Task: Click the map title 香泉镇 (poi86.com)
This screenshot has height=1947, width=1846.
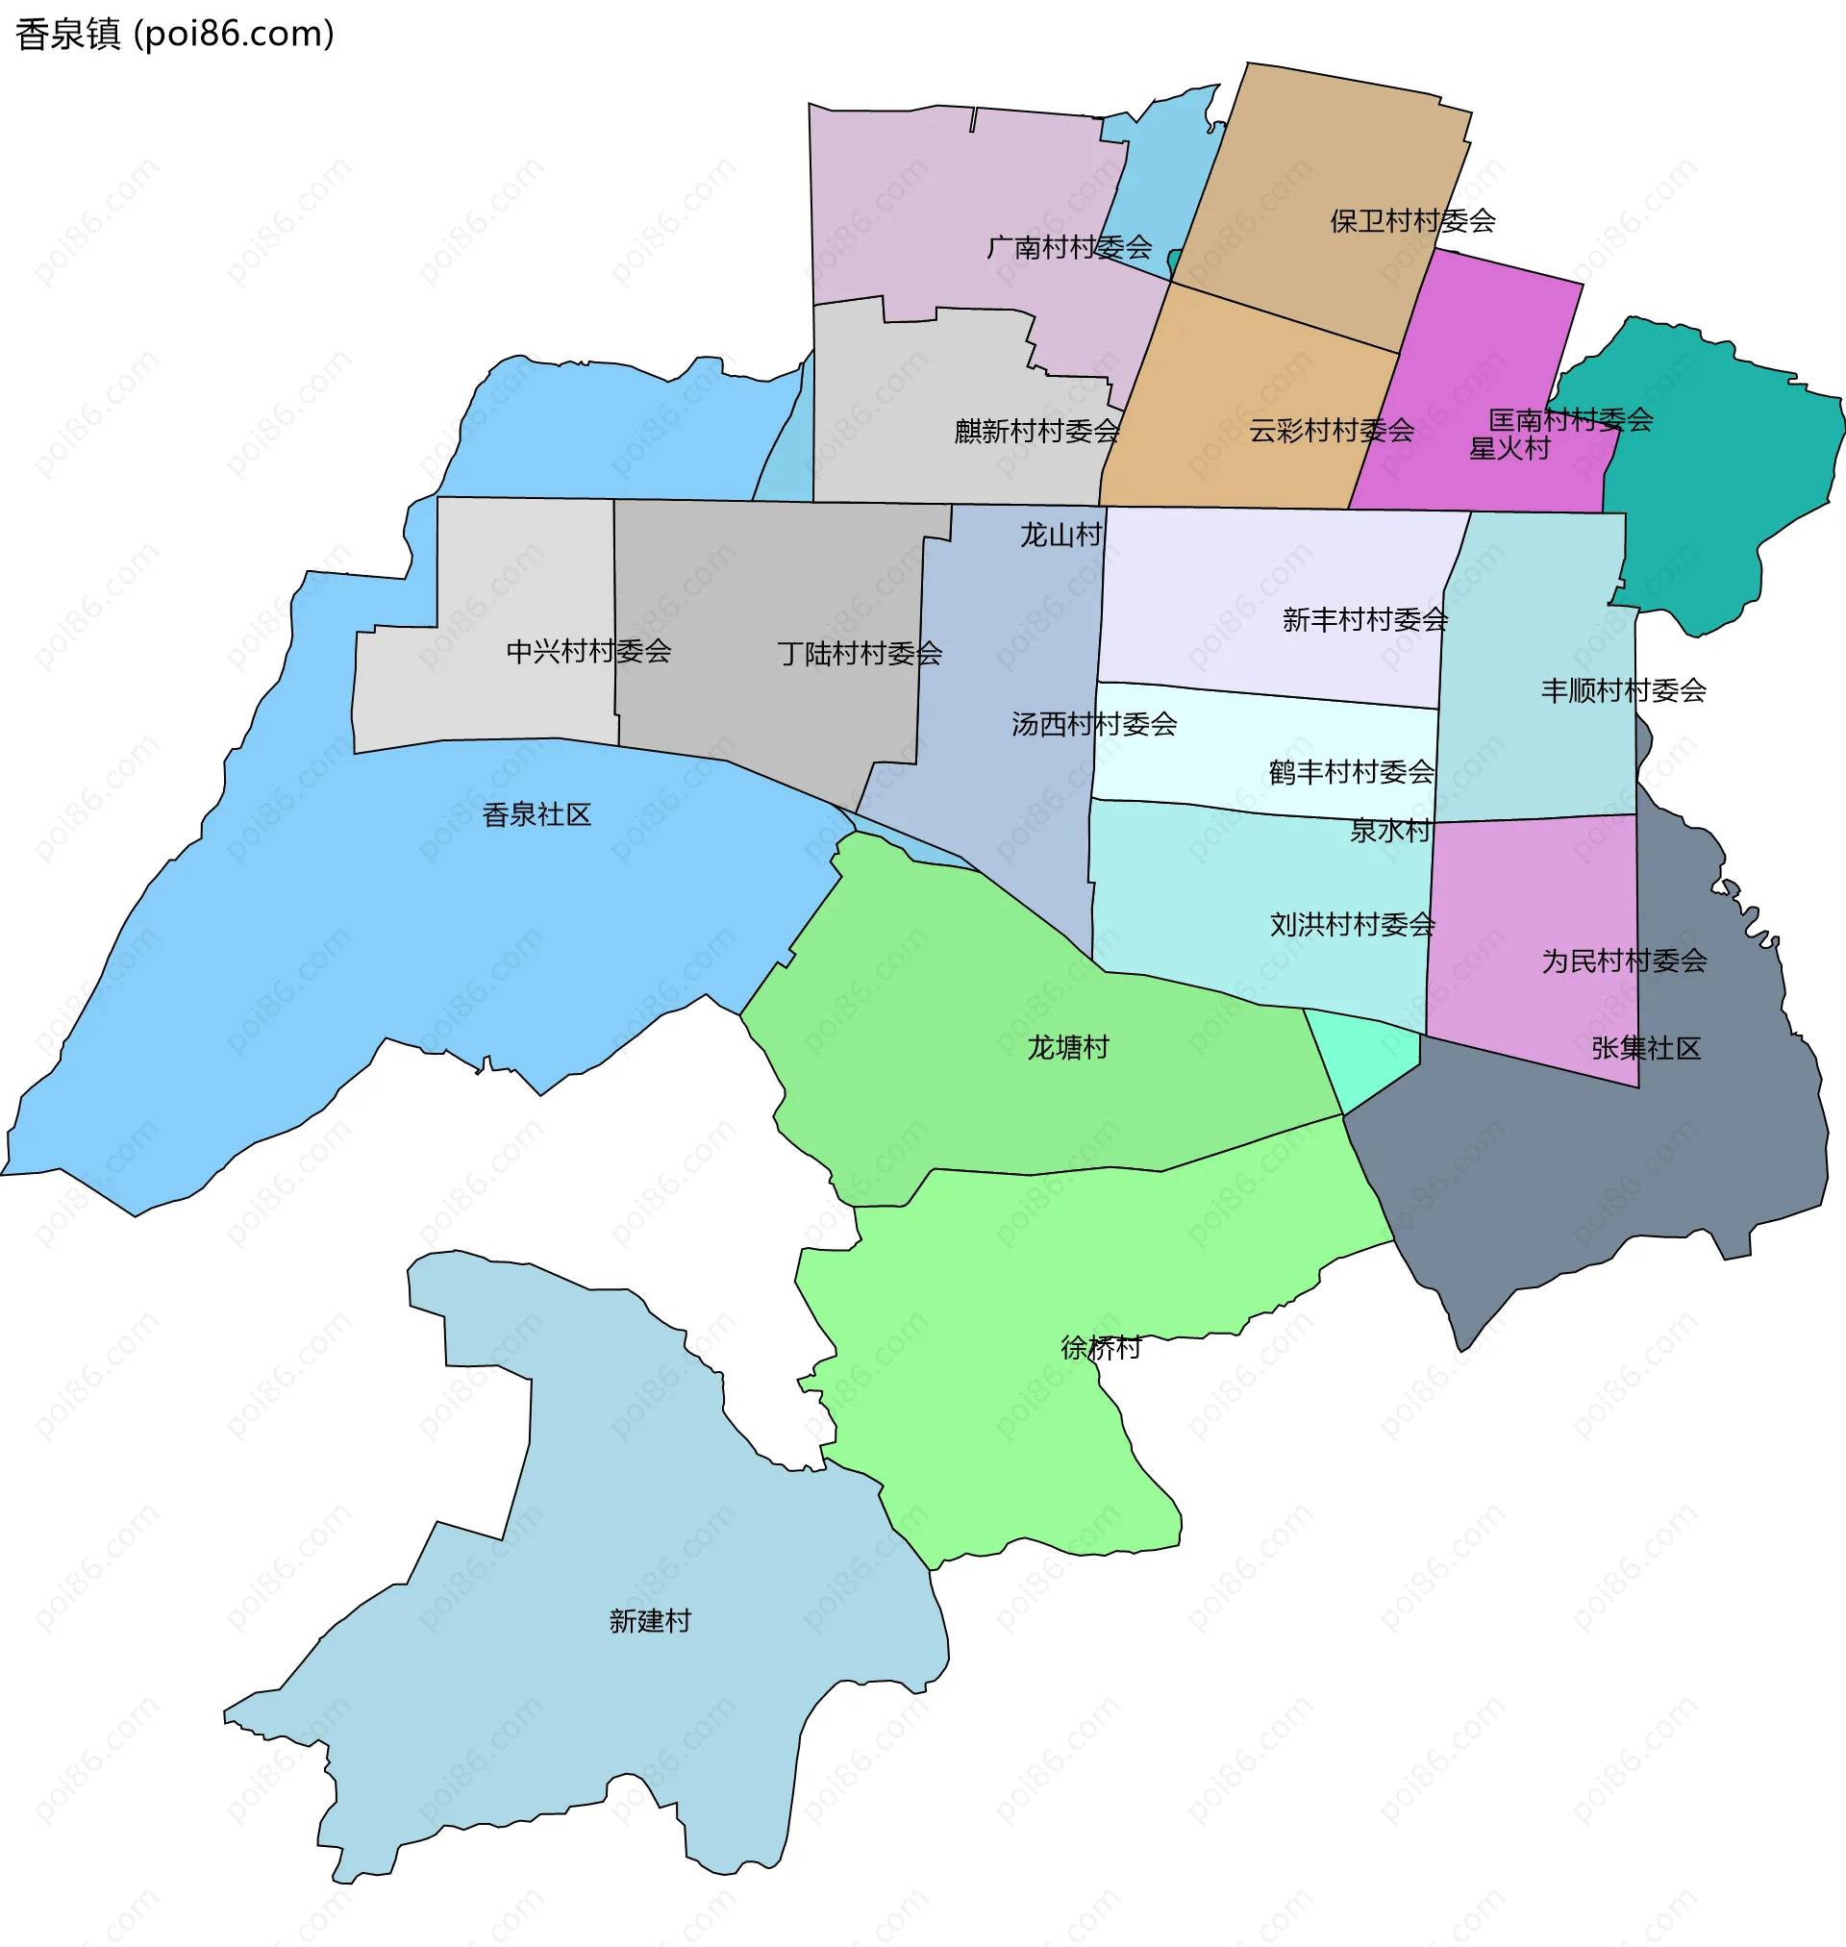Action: pyautogui.click(x=175, y=35)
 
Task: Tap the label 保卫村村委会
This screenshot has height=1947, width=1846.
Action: pyautogui.click(x=1412, y=221)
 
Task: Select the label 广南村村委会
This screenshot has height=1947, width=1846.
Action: pyautogui.click(x=1068, y=247)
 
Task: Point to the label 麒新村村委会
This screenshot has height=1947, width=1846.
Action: pyautogui.click(x=1037, y=431)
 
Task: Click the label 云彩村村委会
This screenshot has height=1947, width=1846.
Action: pyautogui.click(x=1332, y=431)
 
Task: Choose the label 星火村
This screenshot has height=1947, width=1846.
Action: pyautogui.click(x=1509, y=450)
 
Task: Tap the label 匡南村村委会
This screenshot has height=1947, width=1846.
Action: pyautogui.click(x=1570, y=420)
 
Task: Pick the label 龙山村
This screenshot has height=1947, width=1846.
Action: pyautogui.click(x=1060, y=536)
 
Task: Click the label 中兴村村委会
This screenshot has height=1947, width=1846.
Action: pyautogui.click(x=588, y=651)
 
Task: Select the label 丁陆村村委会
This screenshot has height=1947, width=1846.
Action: pyautogui.click(x=859, y=653)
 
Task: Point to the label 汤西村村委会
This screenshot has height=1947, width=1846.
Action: pyautogui.click(x=1094, y=725)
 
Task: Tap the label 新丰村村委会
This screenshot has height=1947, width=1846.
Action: pyautogui.click(x=1365, y=620)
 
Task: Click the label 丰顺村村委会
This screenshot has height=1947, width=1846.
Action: pyautogui.click(x=1623, y=690)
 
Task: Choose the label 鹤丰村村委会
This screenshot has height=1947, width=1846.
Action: pyautogui.click(x=1351, y=772)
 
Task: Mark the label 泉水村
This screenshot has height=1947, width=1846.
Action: pyautogui.click(x=1389, y=832)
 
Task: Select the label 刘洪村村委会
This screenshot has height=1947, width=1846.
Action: pyautogui.click(x=1352, y=925)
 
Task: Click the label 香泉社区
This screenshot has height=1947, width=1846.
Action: pyautogui.click(x=536, y=814)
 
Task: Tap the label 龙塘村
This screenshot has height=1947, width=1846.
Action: pyautogui.click(x=1067, y=1048)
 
